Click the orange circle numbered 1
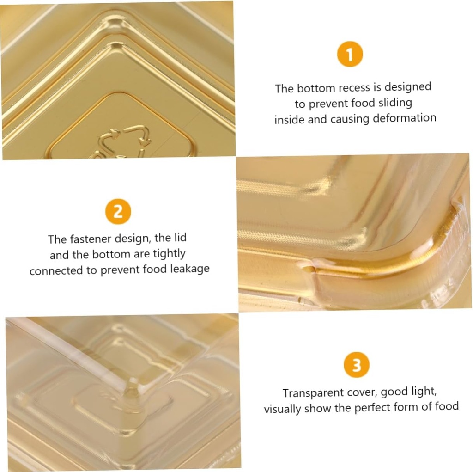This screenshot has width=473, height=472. [x=350, y=55]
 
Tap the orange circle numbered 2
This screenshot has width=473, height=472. [x=118, y=211]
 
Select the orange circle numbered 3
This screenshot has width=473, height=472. [x=357, y=365]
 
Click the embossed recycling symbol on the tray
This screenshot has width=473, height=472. [x=124, y=142]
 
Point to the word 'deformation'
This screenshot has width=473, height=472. [x=405, y=118]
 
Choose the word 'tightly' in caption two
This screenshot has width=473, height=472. [x=169, y=254]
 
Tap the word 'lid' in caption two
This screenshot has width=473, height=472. [x=180, y=238]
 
